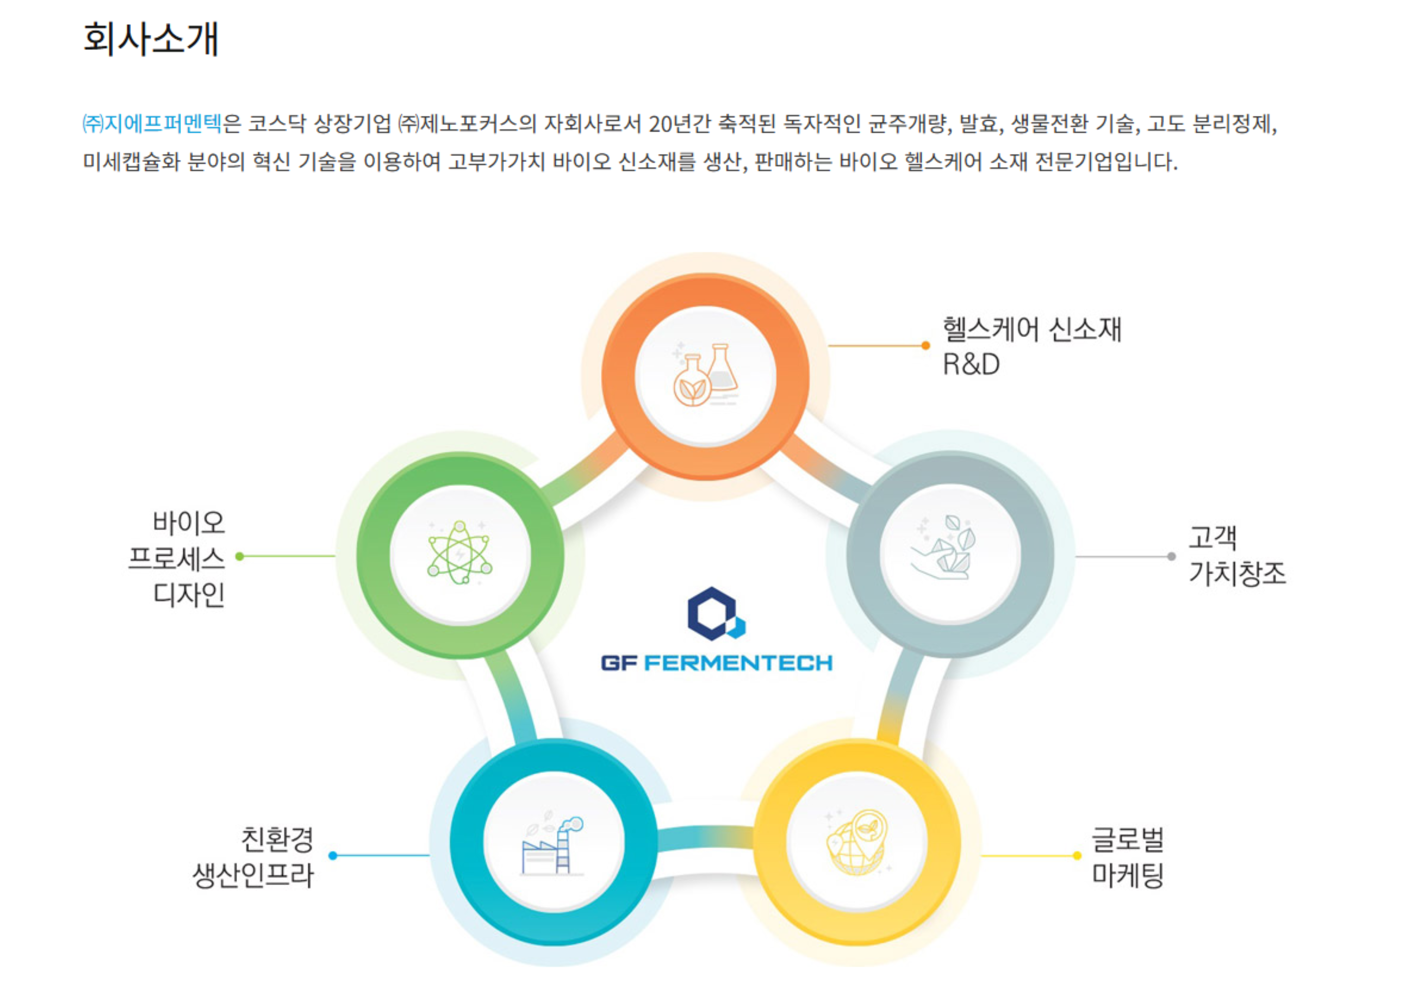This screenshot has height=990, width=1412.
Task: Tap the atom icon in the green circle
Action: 460,553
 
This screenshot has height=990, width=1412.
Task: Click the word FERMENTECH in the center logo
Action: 738,663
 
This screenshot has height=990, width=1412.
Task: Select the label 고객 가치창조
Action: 1236,555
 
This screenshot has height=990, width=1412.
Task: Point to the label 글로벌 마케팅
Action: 1127,857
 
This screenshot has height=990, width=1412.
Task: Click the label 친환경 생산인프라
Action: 253,857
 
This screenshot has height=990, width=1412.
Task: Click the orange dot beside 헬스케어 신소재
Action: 925,346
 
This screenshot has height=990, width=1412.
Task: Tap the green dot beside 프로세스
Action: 240,557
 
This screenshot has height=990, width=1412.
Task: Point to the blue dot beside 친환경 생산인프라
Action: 333,855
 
